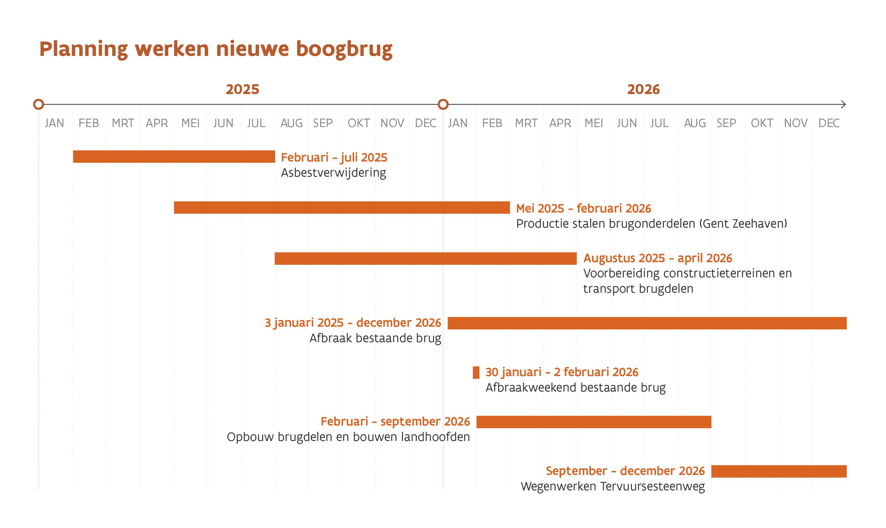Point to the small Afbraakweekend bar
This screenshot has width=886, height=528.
point(476,372)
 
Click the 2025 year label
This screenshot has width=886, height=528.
point(242,89)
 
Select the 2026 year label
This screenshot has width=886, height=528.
point(643,89)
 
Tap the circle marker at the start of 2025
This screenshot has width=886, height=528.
point(38,104)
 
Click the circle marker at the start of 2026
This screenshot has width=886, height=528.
point(443,104)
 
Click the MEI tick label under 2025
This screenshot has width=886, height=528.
point(190,123)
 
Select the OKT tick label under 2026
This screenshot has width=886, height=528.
point(762,123)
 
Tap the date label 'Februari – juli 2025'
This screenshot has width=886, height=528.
point(334,157)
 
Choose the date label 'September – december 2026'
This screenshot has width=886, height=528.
point(625,471)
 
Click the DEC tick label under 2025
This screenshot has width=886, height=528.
point(425,123)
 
